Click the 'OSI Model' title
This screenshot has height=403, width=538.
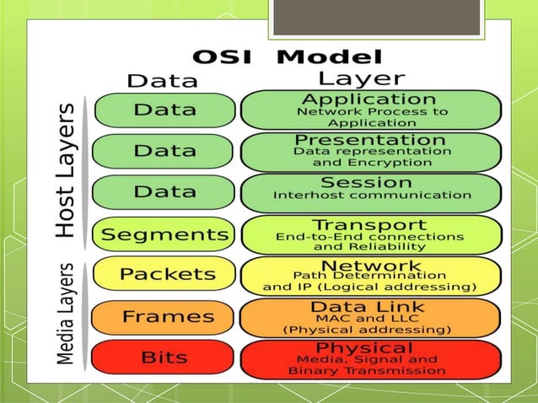click(x=288, y=57)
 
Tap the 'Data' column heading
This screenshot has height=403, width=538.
click(x=162, y=81)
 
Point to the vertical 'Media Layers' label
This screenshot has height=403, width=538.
click(x=68, y=314)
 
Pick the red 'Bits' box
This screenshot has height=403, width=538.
click(x=164, y=357)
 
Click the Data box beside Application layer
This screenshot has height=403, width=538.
click(x=164, y=110)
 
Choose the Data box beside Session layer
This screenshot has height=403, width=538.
click(x=164, y=191)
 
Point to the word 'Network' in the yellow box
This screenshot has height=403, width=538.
click(x=371, y=265)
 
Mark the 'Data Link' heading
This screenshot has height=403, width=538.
click(x=371, y=306)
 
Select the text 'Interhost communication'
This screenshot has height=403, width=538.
click(x=371, y=196)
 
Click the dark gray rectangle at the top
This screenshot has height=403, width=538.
click(x=374, y=17)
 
